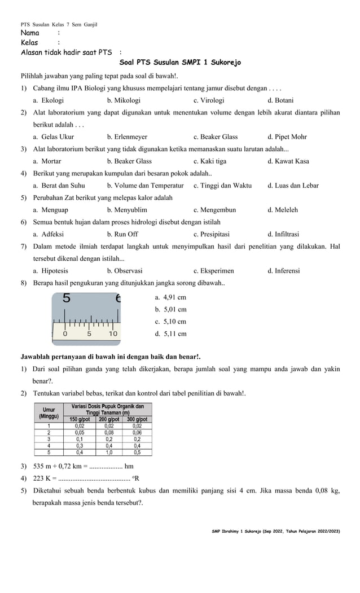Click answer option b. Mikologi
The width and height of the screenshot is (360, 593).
124,100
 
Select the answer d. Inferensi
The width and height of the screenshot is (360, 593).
283,270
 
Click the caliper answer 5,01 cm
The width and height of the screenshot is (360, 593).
170,309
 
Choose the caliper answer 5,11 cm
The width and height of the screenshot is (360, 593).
170,333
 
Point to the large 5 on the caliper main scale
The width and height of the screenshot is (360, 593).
67,298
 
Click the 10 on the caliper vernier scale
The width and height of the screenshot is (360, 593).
113,333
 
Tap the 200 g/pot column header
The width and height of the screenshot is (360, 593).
109,419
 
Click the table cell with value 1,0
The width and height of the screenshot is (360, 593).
109,452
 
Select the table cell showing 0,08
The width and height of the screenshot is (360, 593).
109,432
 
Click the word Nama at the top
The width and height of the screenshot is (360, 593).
30,33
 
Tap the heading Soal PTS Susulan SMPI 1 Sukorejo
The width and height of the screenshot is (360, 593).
180,63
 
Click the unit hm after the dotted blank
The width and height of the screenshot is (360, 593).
129,466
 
